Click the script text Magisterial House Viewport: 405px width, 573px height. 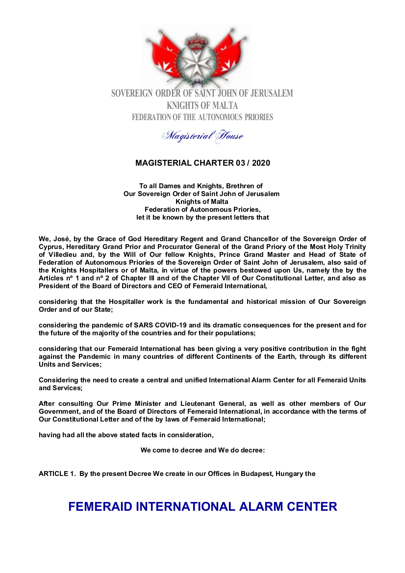tap(202, 136)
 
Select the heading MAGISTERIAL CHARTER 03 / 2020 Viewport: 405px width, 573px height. tap(202, 163)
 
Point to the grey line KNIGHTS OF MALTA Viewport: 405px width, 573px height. tap(202, 105)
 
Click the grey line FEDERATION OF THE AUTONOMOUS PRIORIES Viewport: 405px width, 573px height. tap(202, 117)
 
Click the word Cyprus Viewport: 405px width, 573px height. tap(51, 247)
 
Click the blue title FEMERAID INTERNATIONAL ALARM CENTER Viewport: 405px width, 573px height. tap(202, 507)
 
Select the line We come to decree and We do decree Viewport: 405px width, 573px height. tap(202, 450)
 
